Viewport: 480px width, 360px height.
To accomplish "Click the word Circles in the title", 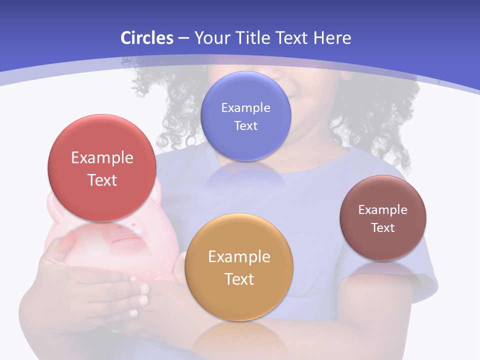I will pyautogui.click(x=146, y=38).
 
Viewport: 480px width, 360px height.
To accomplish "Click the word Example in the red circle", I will pyautogui.click(x=102, y=158).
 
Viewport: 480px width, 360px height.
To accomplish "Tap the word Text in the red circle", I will pyautogui.click(x=102, y=180).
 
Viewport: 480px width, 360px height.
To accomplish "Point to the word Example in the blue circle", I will pyautogui.click(x=245, y=107).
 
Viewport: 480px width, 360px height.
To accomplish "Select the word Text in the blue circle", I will pyautogui.click(x=245, y=125).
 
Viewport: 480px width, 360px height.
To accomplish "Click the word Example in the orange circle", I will pyautogui.click(x=239, y=257).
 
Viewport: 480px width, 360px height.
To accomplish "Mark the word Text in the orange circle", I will pyautogui.click(x=239, y=279).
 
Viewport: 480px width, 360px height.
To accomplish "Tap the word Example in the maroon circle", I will pyautogui.click(x=382, y=209).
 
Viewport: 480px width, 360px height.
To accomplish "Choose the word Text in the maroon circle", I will pyautogui.click(x=382, y=227).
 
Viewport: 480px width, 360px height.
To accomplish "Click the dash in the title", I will pyautogui.click(x=183, y=38).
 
